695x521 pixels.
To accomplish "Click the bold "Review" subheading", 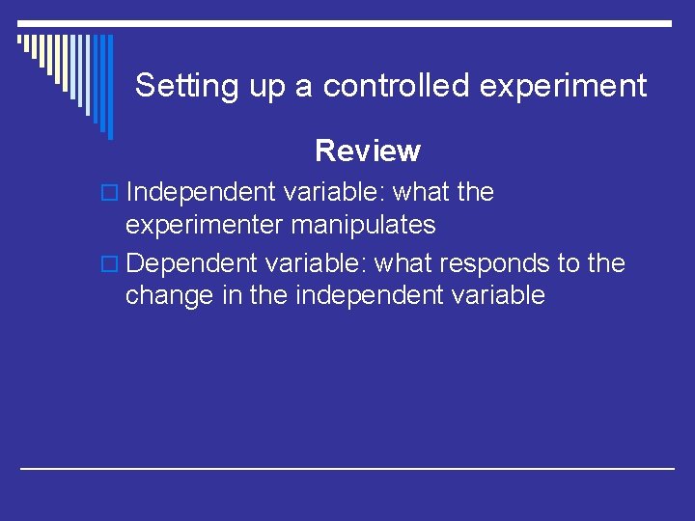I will (368, 151).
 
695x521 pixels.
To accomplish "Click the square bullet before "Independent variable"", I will (112, 193).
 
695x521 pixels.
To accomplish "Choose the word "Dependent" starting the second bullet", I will (194, 263).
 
